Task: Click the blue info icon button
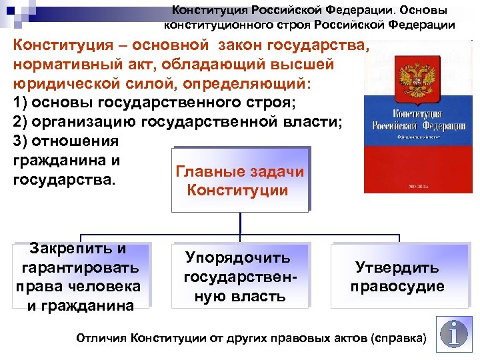[x=453, y=335]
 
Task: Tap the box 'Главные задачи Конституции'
[x=239, y=181]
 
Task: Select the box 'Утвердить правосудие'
[x=399, y=277]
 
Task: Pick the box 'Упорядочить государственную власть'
[x=239, y=277]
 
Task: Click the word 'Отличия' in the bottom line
[x=102, y=338]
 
